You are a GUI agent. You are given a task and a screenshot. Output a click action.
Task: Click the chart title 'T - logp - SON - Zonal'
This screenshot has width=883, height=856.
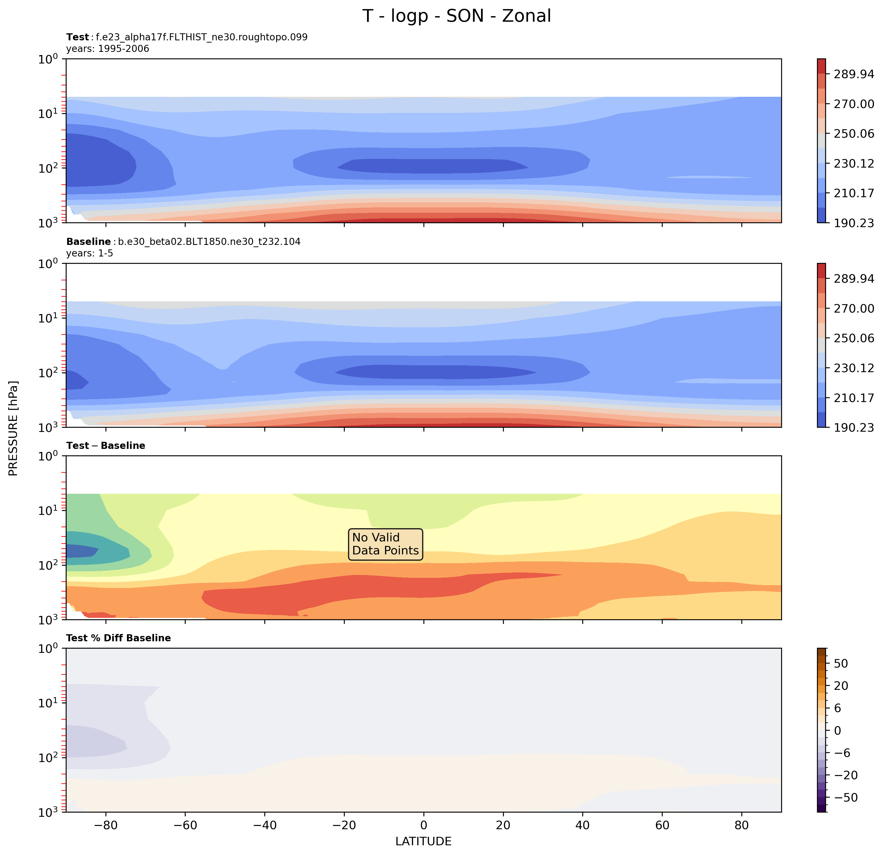coord(456,16)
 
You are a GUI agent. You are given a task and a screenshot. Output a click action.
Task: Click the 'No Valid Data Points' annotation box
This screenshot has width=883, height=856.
coord(385,544)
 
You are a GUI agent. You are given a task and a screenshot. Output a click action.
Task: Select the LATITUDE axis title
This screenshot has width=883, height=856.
coord(423,842)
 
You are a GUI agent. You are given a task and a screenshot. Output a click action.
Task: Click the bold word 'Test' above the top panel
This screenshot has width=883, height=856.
coord(78,38)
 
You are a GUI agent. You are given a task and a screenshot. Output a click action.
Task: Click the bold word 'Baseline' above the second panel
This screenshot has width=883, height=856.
coord(88,242)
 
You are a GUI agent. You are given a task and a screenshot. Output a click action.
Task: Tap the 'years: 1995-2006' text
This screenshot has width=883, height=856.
coord(108,49)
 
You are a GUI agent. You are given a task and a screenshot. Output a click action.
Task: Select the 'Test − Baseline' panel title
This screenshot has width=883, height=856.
coord(106,445)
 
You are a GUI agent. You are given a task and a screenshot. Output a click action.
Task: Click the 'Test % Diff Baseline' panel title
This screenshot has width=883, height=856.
coord(118,638)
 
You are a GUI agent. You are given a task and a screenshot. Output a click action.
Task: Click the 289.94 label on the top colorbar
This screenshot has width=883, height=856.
coord(854,74)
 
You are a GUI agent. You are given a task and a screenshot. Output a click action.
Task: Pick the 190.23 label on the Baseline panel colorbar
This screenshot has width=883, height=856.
coord(854,427)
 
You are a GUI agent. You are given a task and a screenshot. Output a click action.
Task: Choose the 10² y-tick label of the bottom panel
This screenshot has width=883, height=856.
coord(48,757)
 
